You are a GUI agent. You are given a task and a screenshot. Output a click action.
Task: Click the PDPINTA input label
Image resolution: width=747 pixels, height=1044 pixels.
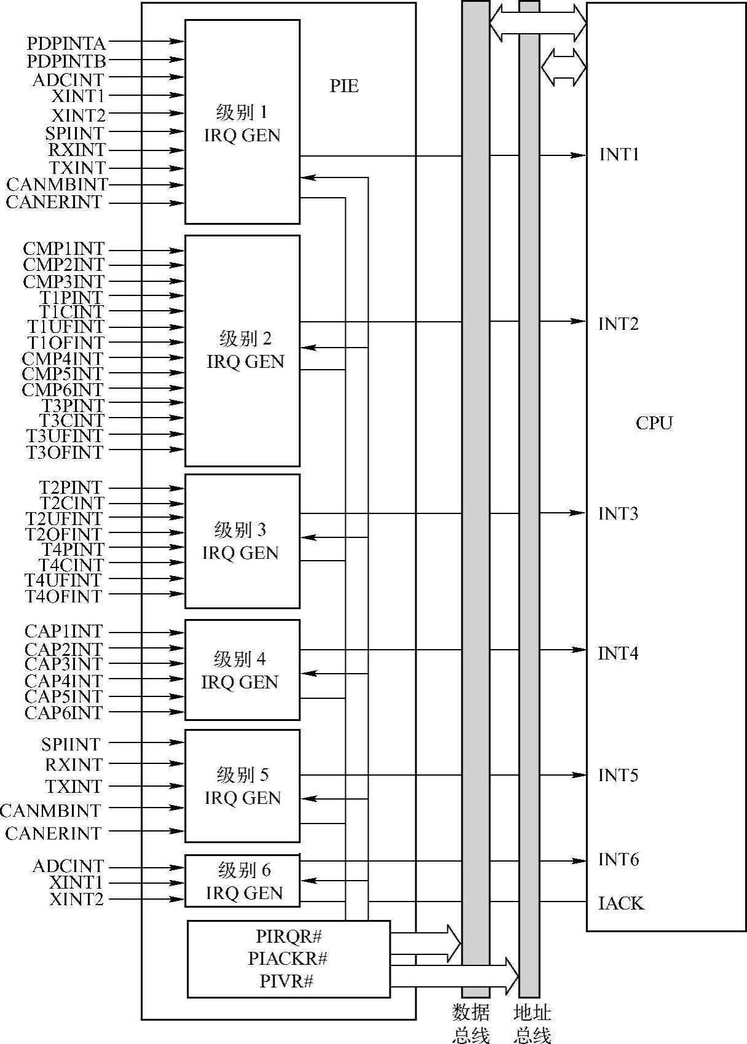pos(66,44)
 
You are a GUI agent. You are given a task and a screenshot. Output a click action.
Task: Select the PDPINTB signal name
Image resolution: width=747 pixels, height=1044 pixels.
pos(66,61)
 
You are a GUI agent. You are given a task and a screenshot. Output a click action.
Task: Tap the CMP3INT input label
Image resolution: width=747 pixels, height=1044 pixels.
pos(64,282)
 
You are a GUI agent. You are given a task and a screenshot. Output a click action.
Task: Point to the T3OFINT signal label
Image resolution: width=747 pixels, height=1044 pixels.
pos(65,453)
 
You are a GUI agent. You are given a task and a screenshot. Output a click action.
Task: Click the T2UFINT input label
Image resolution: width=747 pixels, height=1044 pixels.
pos(64,519)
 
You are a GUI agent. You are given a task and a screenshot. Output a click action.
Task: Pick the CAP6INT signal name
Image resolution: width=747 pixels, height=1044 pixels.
pos(64,713)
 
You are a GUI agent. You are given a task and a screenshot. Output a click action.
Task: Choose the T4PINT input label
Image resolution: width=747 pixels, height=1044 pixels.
pos(72,549)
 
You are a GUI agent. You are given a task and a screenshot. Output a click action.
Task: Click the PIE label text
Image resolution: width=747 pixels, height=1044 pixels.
pos(344,86)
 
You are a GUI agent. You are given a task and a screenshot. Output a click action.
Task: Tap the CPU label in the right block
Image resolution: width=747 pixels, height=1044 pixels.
pos(654,423)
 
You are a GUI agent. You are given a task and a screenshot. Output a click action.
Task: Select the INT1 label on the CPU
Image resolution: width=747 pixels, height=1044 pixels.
pos(619,155)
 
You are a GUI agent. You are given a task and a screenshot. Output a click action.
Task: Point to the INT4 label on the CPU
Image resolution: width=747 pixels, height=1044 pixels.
pos(618,653)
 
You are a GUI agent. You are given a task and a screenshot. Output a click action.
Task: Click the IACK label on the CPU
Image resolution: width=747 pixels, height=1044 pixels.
pos(621,903)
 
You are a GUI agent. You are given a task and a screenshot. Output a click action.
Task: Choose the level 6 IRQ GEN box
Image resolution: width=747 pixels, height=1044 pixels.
pos(243,881)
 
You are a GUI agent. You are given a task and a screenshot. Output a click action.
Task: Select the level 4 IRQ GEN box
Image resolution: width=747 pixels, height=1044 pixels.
pos(242,670)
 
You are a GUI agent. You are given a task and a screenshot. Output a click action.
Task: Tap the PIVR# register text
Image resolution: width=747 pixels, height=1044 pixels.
pos(286,981)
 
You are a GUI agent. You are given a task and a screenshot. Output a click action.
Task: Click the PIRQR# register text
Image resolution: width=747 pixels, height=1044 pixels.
pos(289,937)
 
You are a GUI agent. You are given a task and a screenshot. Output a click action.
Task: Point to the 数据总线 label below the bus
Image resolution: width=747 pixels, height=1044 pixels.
pos(471,1023)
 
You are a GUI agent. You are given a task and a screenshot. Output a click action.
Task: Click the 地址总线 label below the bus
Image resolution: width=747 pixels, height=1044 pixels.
pos(532,1023)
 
